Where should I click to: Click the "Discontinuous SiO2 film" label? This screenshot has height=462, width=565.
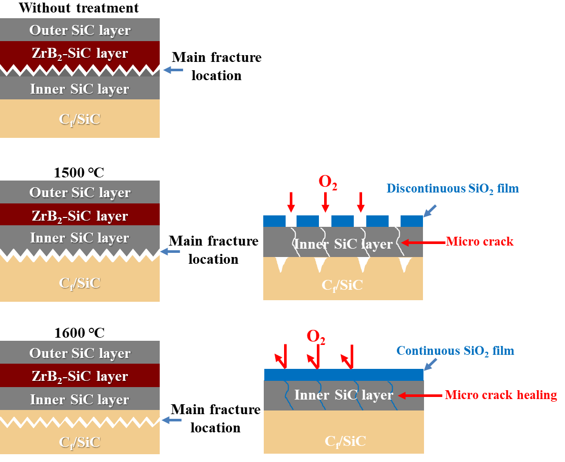[453, 188]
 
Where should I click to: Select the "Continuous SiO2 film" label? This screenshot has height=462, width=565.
[455, 351]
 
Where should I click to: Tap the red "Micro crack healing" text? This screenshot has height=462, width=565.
[501, 395]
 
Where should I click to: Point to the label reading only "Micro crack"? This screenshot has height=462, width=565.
[480, 241]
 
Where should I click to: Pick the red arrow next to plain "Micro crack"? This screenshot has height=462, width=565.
[424, 242]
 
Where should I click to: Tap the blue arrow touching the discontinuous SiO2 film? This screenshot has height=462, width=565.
[430, 210]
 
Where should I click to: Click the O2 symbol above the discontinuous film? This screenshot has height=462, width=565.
[328, 183]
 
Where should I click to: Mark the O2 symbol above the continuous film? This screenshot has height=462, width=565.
[316, 337]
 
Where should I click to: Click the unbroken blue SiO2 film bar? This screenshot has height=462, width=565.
[343, 375]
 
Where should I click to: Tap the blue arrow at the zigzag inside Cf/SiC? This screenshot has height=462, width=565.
[172, 420]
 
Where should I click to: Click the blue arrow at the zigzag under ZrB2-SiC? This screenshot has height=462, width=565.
[173, 70]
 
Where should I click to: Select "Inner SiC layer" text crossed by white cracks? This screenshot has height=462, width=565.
[343, 244]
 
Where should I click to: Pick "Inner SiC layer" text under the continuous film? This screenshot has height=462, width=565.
[343, 395]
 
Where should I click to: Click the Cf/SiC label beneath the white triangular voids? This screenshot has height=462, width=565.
[342, 285]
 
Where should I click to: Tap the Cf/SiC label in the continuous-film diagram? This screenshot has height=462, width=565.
[345, 442]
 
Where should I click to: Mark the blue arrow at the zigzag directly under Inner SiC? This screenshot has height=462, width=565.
[170, 252]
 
